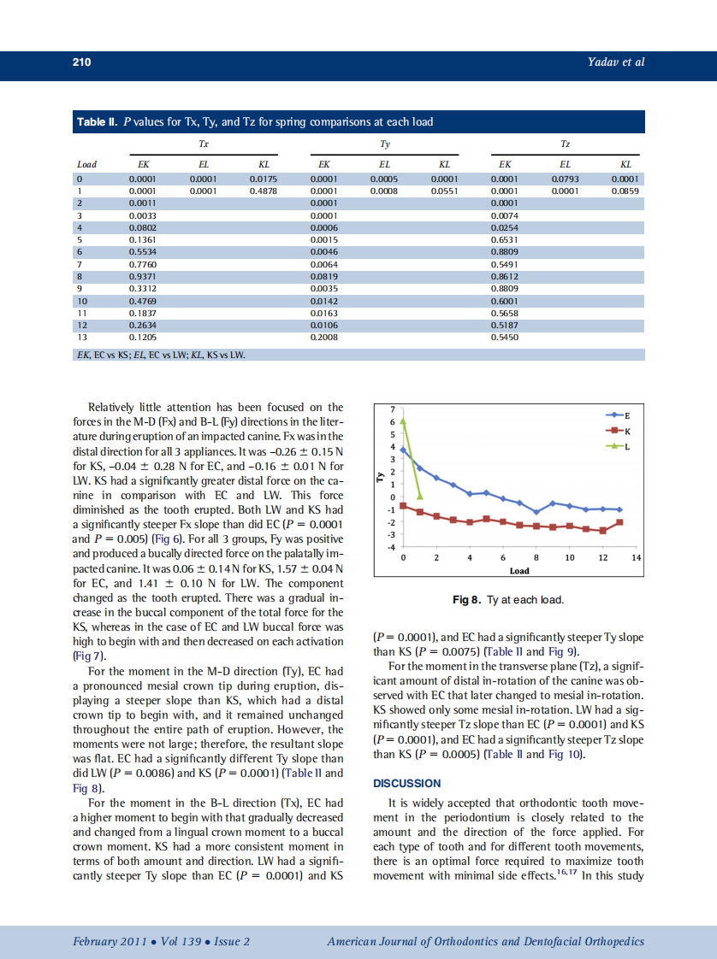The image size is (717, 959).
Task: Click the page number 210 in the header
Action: pyautogui.click(x=81, y=62)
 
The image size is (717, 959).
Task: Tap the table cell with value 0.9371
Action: pyautogui.click(x=141, y=276)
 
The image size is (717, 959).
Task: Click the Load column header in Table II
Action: pyautogui.click(x=86, y=164)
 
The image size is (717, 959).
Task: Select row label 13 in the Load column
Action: pyautogui.click(x=82, y=337)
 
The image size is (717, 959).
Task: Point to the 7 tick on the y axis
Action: pyautogui.click(x=392, y=409)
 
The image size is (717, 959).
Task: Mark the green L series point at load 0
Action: pyautogui.click(x=403, y=421)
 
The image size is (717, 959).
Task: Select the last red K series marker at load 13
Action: pyautogui.click(x=619, y=522)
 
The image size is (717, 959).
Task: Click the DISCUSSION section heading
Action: pyautogui.click(x=407, y=783)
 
